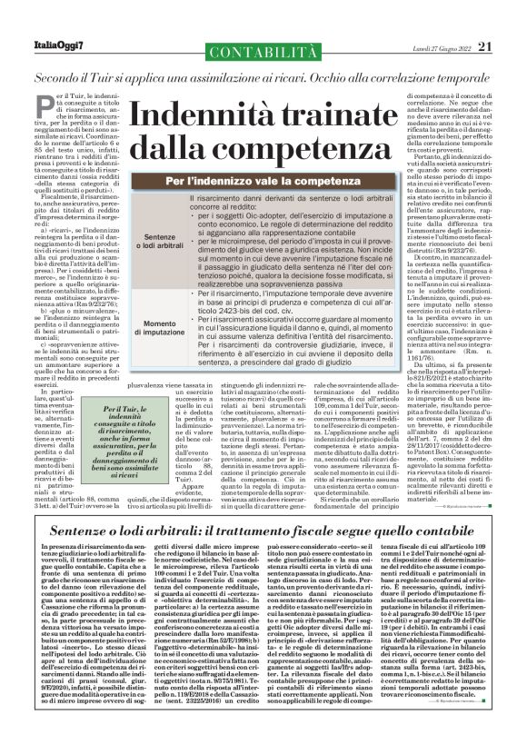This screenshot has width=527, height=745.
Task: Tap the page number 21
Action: point(510,19)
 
